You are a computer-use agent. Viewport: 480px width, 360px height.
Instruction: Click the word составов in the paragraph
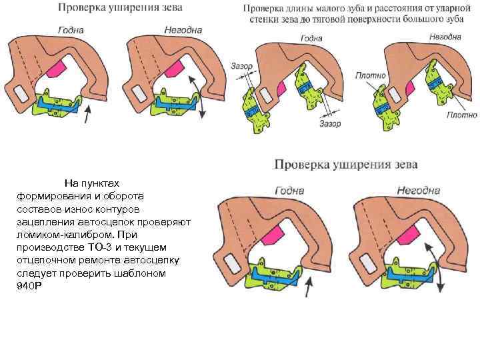(41, 209)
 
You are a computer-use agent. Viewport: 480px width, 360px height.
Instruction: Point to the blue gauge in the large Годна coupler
(273, 274)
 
